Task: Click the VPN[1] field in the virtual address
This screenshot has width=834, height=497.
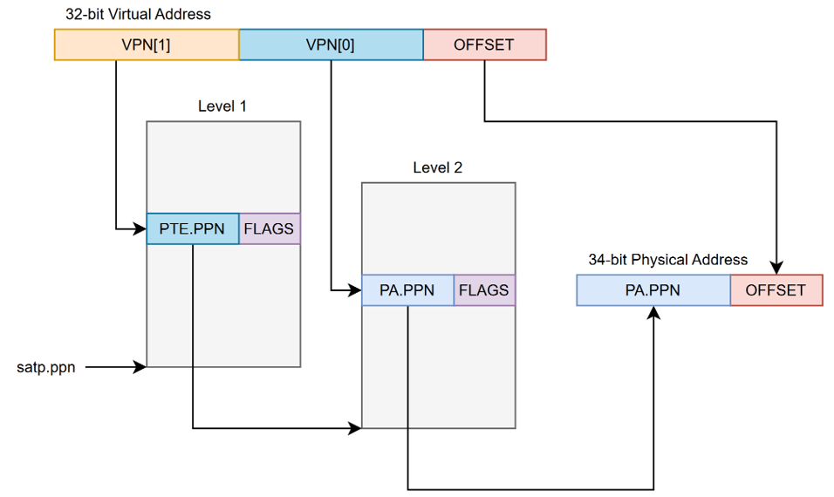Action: [x=147, y=44]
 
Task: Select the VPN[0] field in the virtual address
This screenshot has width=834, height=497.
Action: [x=331, y=44]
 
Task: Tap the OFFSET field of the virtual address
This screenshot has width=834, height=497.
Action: [x=484, y=44]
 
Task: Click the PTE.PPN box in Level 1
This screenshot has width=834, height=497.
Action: [x=192, y=229]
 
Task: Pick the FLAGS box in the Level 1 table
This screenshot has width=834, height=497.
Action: [x=269, y=229]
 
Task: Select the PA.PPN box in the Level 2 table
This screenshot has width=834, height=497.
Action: [x=407, y=290]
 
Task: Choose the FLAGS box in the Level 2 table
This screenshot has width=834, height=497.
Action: [x=484, y=290]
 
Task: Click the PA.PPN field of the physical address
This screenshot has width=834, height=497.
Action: [x=653, y=290]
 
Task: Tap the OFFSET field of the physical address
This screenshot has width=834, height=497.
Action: [x=776, y=290]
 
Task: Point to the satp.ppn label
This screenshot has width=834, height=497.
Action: [x=46, y=367]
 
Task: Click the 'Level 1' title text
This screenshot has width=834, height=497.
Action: [x=222, y=106]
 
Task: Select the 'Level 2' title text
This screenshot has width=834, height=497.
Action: [x=438, y=167]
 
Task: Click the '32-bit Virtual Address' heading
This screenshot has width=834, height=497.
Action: [x=138, y=15]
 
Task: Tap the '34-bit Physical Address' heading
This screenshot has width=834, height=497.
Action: [x=667, y=260]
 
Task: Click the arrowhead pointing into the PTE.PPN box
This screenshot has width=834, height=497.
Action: [x=140, y=229]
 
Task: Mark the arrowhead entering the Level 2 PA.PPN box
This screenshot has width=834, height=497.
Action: [x=355, y=289]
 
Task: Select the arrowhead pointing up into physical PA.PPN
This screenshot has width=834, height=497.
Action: [x=653, y=312]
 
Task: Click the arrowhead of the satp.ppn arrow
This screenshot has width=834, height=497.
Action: [x=140, y=367]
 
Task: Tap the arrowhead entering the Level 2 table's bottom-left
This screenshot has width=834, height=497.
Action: [x=355, y=428]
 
